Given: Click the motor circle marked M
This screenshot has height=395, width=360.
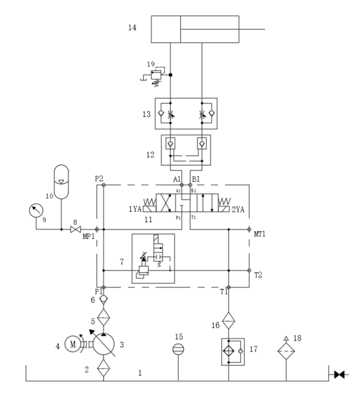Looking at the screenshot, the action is (x=73, y=344).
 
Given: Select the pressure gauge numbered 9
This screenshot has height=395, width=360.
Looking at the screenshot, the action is (x=36, y=210).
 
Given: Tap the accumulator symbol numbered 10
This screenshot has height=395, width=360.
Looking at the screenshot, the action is (x=61, y=182).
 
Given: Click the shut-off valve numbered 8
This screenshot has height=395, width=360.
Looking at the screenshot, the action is (x=76, y=229).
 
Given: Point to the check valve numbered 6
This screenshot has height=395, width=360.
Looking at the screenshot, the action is (x=104, y=300).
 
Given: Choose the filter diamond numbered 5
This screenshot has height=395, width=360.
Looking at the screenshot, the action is (x=104, y=318).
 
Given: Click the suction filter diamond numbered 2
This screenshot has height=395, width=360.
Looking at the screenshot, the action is (x=104, y=368).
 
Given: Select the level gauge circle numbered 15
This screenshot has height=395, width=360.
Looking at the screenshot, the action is (x=178, y=349).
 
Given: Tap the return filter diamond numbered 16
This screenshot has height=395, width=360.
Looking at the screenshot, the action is (x=228, y=321).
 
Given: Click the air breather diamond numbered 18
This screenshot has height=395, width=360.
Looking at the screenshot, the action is (x=286, y=351).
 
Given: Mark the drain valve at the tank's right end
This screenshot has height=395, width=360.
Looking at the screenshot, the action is (x=339, y=375).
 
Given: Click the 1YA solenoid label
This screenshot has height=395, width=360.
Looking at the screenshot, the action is (x=135, y=209).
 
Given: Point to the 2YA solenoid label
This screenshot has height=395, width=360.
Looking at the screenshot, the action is (x=238, y=209).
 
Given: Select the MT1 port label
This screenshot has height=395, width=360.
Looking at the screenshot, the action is (x=259, y=234).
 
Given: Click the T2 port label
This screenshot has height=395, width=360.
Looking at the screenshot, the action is (x=258, y=275).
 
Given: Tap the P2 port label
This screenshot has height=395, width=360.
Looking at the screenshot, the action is (x=99, y=179).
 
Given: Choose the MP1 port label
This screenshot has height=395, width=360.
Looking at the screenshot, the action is (x=89, y=237).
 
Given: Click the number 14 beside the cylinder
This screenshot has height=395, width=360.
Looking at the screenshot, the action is (x=132, y=27).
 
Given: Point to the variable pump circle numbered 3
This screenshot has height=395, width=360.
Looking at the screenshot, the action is (x=104, y=344).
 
